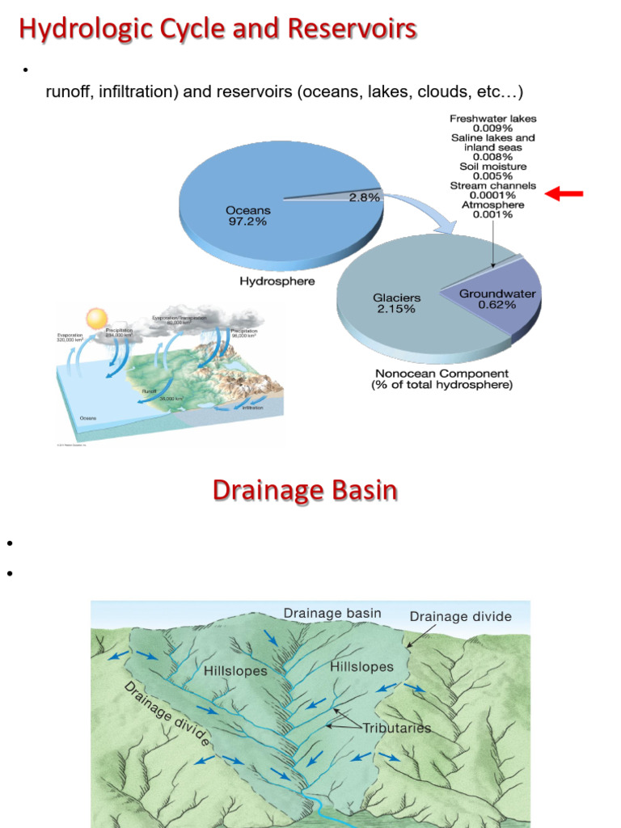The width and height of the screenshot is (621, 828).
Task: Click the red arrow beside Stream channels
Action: [564, 193]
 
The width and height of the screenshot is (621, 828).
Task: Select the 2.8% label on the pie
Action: [364, 197]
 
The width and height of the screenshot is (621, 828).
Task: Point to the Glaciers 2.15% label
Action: [396, 303]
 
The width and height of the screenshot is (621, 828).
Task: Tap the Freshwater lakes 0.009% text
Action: [492, 123]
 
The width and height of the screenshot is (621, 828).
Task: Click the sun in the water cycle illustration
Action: [97, 317]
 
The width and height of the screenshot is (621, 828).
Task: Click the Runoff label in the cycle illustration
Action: [149, 391]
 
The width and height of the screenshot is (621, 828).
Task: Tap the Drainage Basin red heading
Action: [305, 490]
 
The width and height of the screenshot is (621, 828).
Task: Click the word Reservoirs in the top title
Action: [361, 30]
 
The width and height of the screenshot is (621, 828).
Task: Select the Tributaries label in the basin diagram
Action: [396, 728]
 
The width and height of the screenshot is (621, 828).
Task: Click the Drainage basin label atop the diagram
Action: [332, 613]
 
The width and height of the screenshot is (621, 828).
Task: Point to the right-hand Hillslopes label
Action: [361, 667]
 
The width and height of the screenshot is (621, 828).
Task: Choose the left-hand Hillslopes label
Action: [235, 670]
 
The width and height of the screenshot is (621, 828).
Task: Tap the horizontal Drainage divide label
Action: [460, 616]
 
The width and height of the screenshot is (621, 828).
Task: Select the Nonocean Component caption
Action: [441, 379]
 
